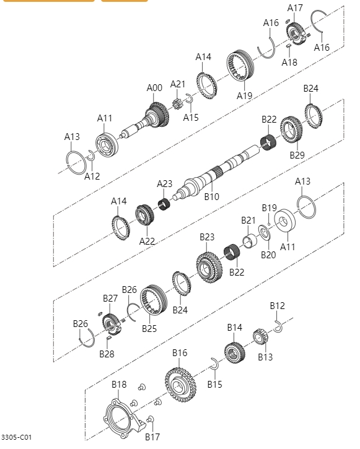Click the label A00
click(154, 88)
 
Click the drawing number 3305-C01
click(16, 437)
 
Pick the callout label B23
click(207, 237)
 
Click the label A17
click(295, 7)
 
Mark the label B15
click(214, 385)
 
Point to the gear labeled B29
click(291, 129)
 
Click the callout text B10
click(212, 197)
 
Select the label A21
click(178, 84)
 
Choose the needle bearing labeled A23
click(164, 203)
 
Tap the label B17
click(152, 437)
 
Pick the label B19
click(268, 207)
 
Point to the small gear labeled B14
click(235, 352)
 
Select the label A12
click(92, 177)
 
